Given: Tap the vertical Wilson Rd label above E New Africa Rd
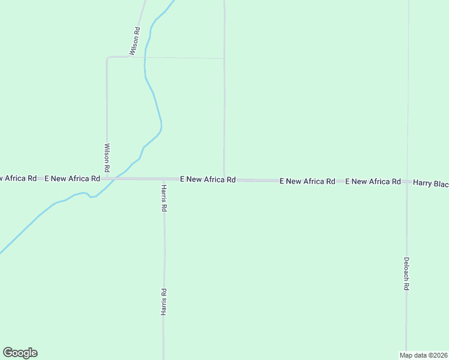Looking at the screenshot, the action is (107, 155).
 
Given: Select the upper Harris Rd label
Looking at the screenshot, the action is (164, 198).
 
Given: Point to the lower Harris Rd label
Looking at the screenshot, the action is (164, 301).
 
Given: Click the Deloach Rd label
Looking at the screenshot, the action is (406, 274).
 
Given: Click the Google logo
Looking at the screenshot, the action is (20, 353).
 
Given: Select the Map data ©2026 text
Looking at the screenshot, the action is (423, 355).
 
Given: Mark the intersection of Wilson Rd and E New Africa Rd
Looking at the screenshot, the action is (107, 179).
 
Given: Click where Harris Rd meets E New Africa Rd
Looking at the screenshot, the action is (164, 179).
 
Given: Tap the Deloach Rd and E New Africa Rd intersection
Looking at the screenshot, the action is (407, 181).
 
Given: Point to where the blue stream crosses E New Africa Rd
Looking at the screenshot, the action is (118, 178).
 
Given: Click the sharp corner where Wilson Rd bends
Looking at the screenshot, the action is (107, 58).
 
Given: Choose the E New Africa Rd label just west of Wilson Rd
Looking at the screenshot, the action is (72, 178).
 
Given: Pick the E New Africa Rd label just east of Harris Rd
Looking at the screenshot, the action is (208, 179).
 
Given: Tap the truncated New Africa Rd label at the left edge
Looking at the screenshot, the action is (18, 178).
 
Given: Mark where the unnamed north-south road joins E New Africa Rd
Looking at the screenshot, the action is (224, 179).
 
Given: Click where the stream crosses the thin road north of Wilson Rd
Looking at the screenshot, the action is (146, 58).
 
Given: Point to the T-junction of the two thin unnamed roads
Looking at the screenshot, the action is (224, 58).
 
